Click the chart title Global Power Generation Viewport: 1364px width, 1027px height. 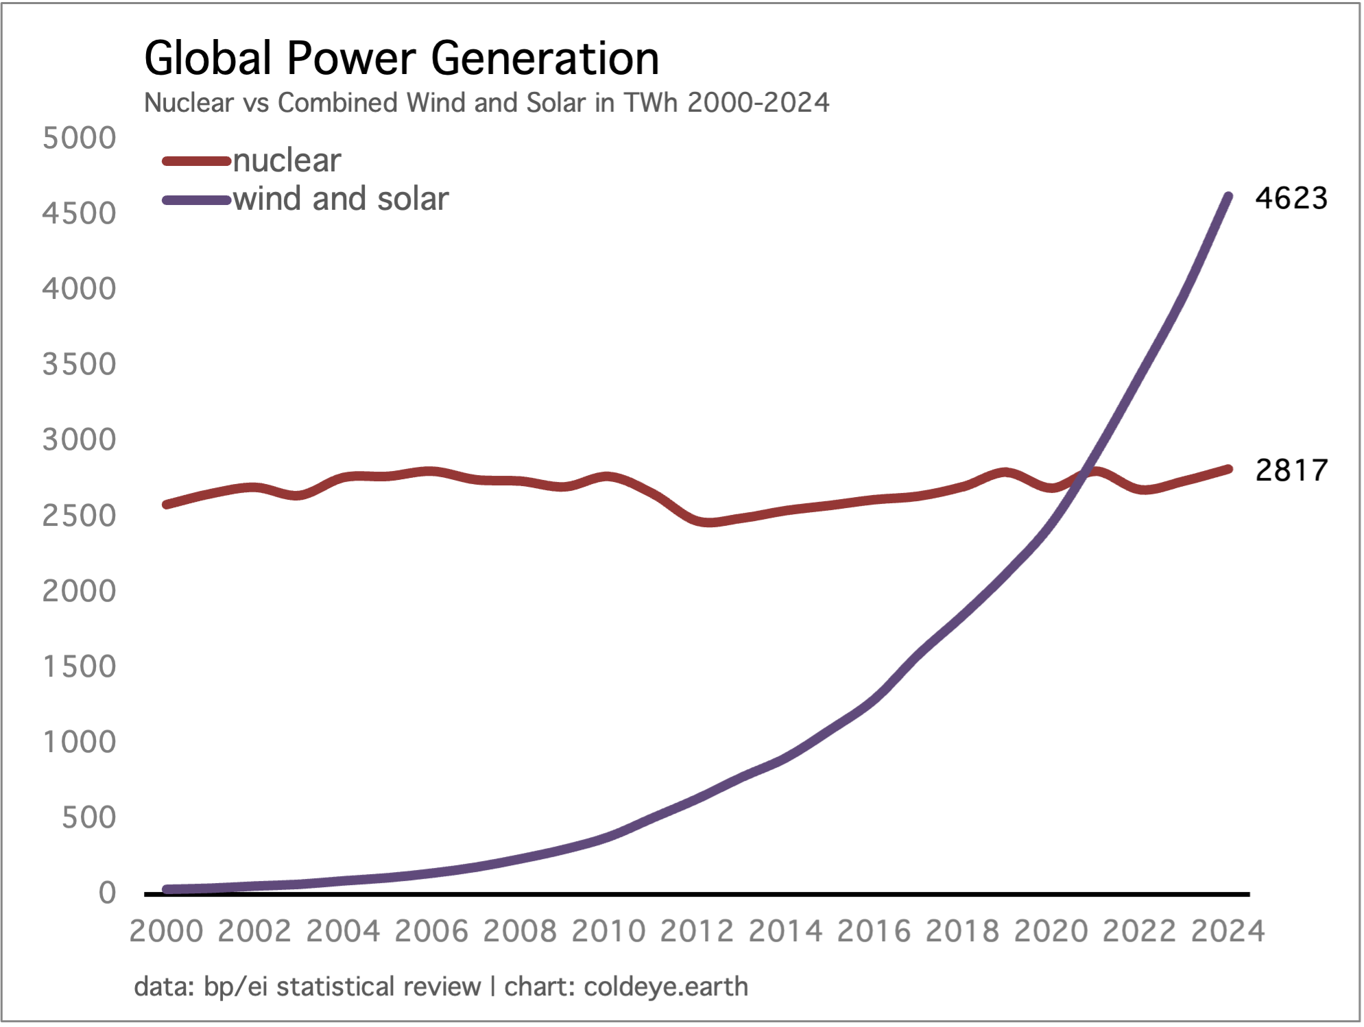pyautogui.click(x=401, y=58)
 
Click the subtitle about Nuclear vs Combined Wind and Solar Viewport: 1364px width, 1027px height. pyautogui.click(x=486, y=103)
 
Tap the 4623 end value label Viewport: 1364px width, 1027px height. pyautogui.click(x=1291, y=198)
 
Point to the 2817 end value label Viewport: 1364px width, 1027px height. pyautogui.click(x=1291, y=470)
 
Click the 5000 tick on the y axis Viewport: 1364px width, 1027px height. pyautogui.click(x=80, y=138)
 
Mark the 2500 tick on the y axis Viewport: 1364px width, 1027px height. pyautogui.click(x=80, y=516)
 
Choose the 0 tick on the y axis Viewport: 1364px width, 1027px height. pyautogui.click(x=107, y=893)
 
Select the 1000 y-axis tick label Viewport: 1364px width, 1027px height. pyautogui.click(x=80, y=742)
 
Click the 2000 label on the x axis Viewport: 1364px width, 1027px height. pyautogui.click(x=167, y=931)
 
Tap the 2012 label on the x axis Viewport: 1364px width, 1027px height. pyautogui.click(x=697, y=931)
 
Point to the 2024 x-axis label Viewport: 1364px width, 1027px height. pyautogui.click(x=1228, y=931)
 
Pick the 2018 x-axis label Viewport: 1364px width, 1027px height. pyautogui.click(x=962, y=931)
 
